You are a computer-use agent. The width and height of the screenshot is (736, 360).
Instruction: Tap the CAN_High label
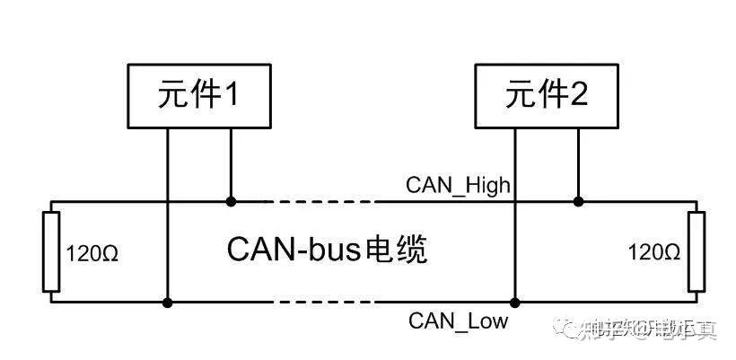click(458, 186)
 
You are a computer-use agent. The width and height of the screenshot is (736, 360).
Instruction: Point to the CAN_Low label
click(458, 320)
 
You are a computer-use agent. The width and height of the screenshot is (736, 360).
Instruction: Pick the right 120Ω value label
click(653, 253)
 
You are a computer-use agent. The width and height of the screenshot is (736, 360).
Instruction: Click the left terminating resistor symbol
click(51, 252)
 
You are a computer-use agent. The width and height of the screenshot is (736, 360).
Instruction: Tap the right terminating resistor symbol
click(696, 252)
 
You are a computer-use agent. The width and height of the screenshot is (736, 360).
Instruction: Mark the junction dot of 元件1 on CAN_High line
click(232, 201)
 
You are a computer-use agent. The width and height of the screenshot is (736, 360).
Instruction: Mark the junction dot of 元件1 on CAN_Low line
click(167, 303)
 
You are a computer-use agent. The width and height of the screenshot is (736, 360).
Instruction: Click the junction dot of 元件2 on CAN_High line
click(578, 201)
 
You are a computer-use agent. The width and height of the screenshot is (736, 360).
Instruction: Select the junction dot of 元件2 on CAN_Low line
click(514, 303)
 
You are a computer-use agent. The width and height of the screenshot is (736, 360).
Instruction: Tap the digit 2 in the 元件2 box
click(578, 97)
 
